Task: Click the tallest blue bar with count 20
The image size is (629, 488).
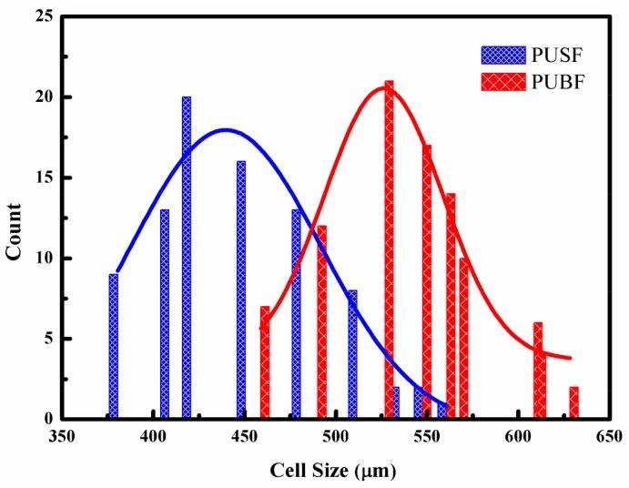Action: tap(187, 258)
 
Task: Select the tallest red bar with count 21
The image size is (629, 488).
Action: tap(390, 249)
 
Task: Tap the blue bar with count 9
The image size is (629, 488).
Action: tap(114, 346)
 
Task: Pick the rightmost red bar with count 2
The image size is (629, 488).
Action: tap(573, 402)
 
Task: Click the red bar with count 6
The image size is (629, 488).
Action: tap(538, 371)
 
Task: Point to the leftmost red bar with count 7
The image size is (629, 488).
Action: tap(265, 362)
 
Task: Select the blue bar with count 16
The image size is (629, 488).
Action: tap(241, 290)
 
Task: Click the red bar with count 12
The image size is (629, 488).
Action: tap(321, 322)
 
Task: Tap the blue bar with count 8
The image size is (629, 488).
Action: tap(352, 354)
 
